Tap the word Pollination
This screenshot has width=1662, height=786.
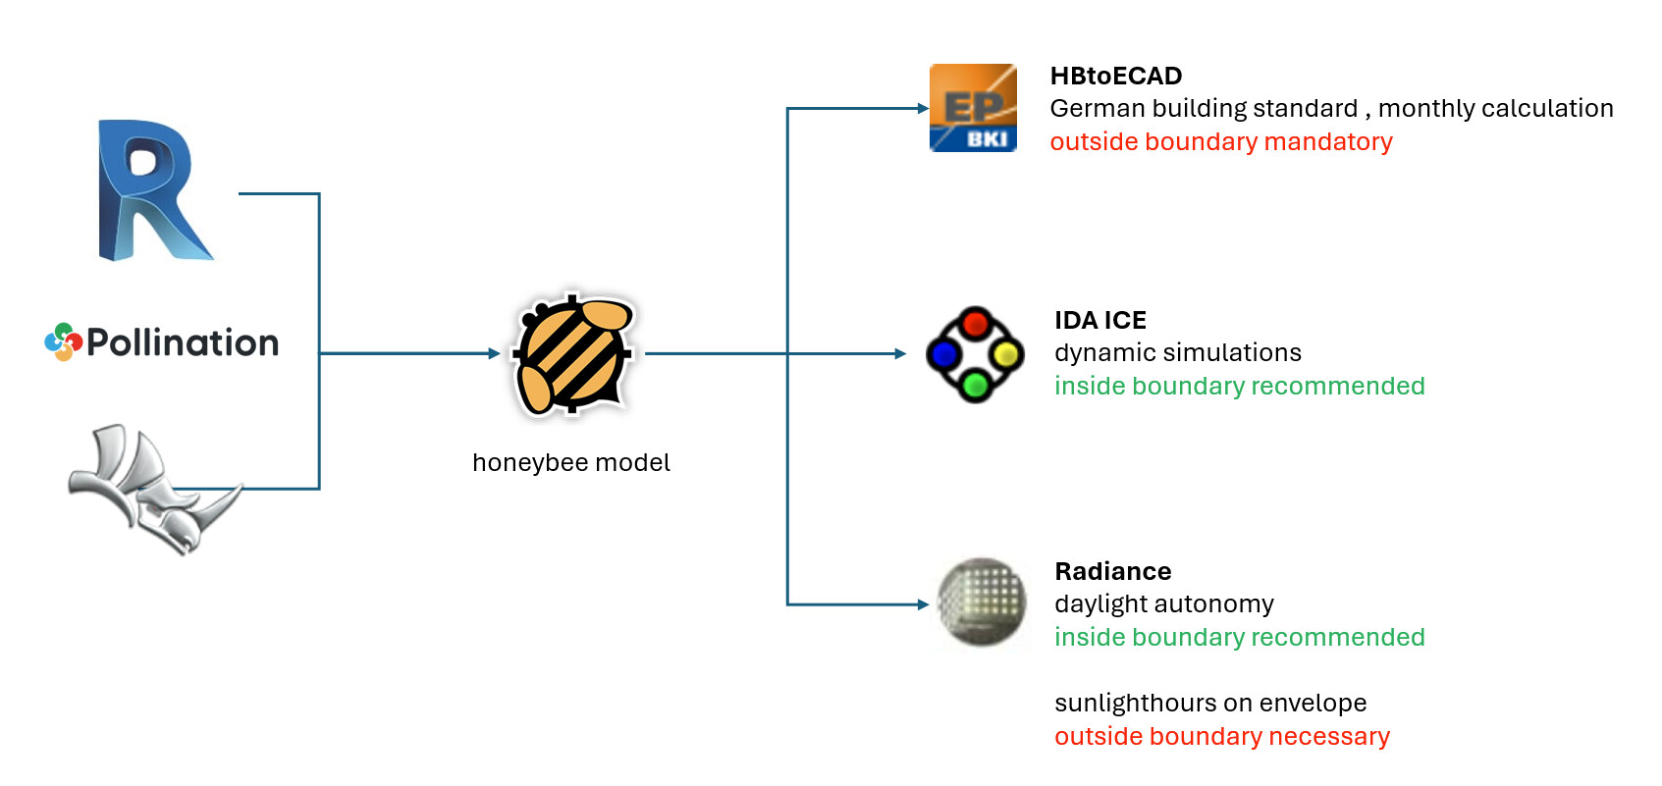[x=183, y=342]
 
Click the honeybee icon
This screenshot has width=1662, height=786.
[x=572, y=354]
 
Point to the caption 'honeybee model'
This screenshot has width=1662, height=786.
[x=571, y=463]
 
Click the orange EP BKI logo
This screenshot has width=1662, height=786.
[x=973, y=108]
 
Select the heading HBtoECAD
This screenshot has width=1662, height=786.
[x=1116, y=76]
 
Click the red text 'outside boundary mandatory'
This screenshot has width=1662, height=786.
[x=1221, y=141]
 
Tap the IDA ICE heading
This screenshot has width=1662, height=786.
[x=1100, y=320]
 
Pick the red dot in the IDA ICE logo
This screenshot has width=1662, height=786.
[x=975, y=324]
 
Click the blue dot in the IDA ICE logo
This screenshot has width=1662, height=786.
[x=943, y=354]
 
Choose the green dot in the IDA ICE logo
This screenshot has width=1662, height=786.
[x=975, y=385]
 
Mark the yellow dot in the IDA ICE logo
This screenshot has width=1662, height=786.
[x=1006, y=354]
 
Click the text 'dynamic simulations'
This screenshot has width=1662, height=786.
[x=1178, y=352]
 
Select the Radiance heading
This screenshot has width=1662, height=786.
[x=1113, y=572]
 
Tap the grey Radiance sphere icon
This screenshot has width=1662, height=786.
[x=982, y=603]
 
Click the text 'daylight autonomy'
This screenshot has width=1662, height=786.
[x=1164, y=604]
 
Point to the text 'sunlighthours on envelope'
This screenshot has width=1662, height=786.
[x=1210, y=703]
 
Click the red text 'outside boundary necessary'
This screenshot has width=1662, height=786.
[x=1222, y=736]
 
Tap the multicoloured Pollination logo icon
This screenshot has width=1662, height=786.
[x=64, y=341]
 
